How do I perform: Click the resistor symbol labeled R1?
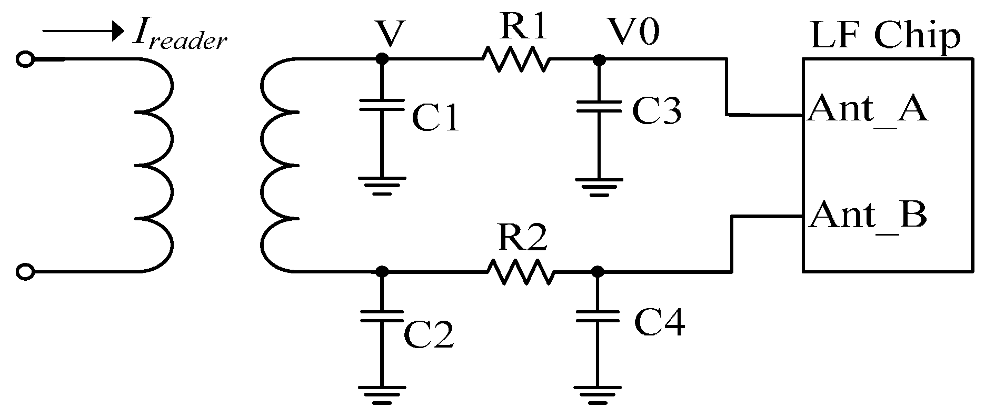click(516, 59)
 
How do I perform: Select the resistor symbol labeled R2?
click(520, 272)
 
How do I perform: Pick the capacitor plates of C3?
click(598, 106)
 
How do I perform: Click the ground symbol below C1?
click(382, 185)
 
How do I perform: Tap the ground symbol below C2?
click(382, 395)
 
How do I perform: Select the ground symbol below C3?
click(598, 187)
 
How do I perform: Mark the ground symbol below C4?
click(598, 395)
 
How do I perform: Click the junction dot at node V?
click(382, 59)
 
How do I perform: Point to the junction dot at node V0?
click(598, 59)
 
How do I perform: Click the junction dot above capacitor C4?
click(598, 272)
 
